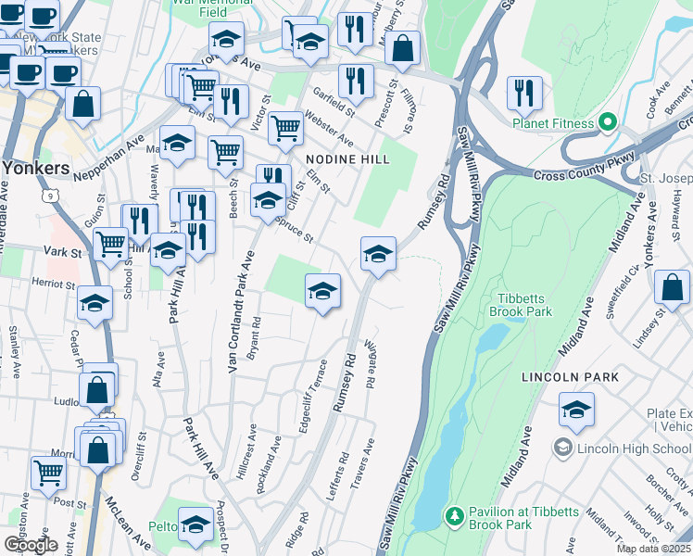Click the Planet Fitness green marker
(x=608, y=122)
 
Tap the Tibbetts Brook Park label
(x=525, y=305)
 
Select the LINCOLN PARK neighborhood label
(x=570, y=377)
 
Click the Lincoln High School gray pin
(x=562, y=449)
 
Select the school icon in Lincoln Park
(x=576, y=410)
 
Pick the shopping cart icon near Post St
(x=48, y=472)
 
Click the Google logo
(x=31, y=544)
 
